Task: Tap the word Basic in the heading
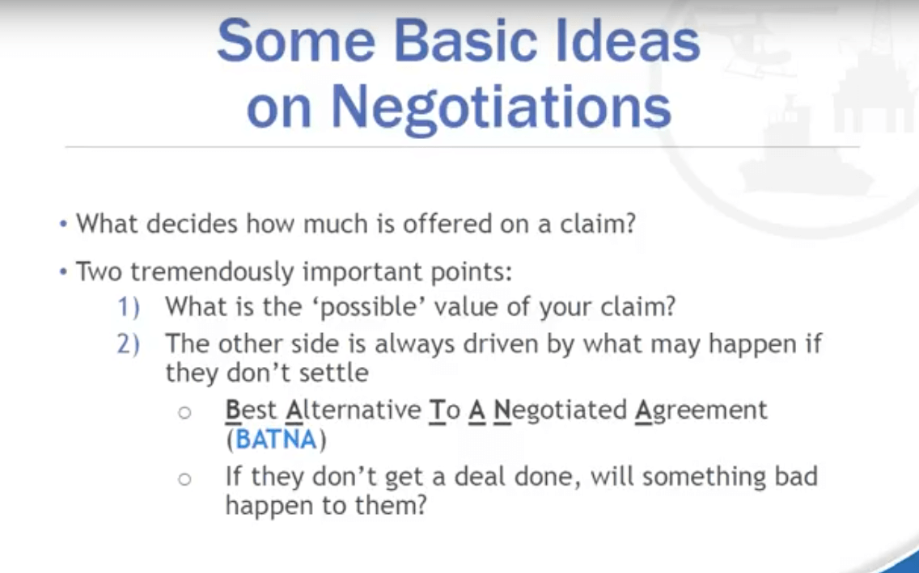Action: coord(465,41)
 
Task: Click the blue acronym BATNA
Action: coord(276,440)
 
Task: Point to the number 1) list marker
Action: coord(129,307)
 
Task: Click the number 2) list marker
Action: coord(129,344)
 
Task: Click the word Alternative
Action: coord(354,410)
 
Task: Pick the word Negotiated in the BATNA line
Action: coord(561,410)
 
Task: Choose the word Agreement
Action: coord(701,410)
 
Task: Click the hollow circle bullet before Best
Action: coord(184,413)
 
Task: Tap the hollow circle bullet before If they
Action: coord(184,479)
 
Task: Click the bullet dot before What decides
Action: coord(63,224)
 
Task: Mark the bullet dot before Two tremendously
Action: coord(63,272)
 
